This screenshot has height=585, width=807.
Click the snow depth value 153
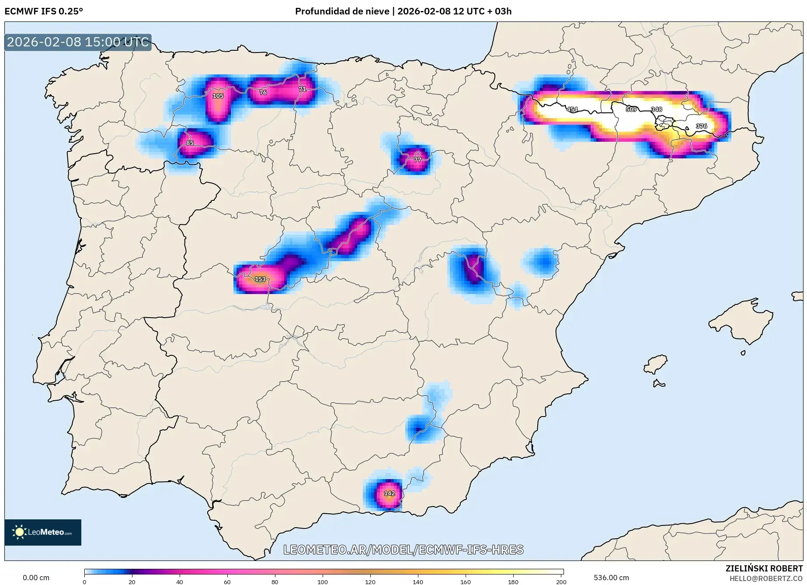pyautogui.click(x=260, y=279)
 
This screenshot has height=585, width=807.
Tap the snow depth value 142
pyautogui.click(x=390, y=493)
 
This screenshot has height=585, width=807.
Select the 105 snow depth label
pyautogui.click(x=218, y=96)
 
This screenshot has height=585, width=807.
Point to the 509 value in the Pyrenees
pyautogui.click(x=631, y=109)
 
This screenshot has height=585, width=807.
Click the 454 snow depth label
pyautogui.click(x=572, y=109)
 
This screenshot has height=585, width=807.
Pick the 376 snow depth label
pyautogui.click(x=701, y=126)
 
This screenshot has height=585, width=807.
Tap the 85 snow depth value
pyautogui.click(x=190, y=143)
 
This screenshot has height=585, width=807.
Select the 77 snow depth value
pyautogui.click(x=417, y=160)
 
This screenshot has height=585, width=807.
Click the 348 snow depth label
pyautogui.click(x=657, y=109)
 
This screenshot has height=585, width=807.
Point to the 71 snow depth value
pyautogui.click(x=303, y=89)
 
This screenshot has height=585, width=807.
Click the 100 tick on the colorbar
pyautogui.click(x=323, y=581)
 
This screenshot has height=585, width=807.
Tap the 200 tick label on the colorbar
pyautogui.click(x=561, y=581)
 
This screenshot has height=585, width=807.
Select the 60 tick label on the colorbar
pyautogui.click(x=227, y=581)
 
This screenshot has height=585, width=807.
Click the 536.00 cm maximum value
pyautogui.click(x=611, y=578)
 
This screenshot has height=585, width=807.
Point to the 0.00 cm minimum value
pyautogui.click(x=36, y=578)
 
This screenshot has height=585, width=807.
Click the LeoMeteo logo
pyautogui.click(x=43, y=532)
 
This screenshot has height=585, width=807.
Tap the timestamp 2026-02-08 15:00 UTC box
pyautogui.click(x=78, y=42)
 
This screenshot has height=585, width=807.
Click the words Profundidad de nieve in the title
pyautogui.click(x=342, y=11)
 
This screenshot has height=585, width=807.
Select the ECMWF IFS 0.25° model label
pyautogui.click(x=44, y=11)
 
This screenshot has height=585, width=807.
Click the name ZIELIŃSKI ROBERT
pyautogui.click(x=764, y=568)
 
